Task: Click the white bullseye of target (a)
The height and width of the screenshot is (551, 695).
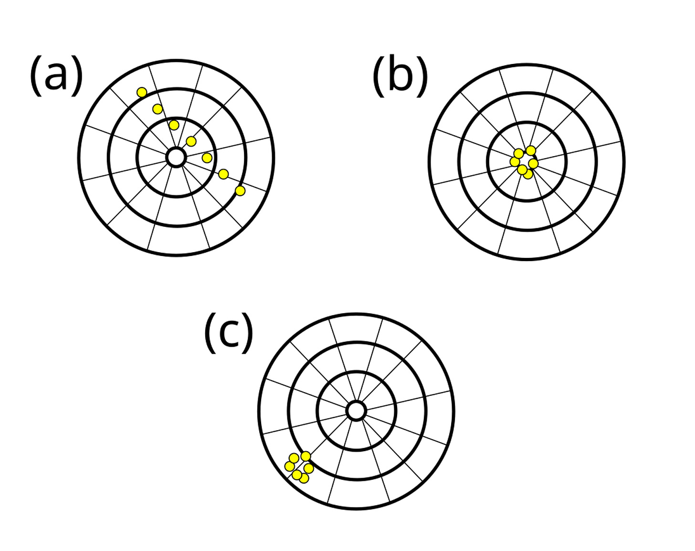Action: point(177,157)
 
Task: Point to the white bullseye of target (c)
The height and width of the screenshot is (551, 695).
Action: point(356,411)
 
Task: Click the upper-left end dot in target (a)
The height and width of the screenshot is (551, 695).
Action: point(141,92)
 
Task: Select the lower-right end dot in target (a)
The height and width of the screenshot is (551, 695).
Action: point(240,191)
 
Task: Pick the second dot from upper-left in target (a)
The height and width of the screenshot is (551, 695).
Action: point(158,109)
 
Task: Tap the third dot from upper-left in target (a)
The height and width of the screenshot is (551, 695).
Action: point(174,125)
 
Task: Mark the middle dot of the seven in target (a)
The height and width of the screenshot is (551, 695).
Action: point(191,141)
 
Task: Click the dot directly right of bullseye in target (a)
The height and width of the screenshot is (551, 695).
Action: point(207,158)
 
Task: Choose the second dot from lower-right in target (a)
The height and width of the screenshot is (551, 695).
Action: point(223,174)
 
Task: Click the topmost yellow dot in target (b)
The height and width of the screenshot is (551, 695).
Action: point(531,150)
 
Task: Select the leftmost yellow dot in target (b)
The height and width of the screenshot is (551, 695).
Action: point(515,162)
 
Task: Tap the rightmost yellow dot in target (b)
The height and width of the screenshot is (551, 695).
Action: point(533,164)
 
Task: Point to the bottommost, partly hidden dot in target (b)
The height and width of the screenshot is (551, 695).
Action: point(528,175)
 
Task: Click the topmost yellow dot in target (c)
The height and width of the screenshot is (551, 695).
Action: point(305,456)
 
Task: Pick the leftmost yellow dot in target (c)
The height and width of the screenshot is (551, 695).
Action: point(289,466)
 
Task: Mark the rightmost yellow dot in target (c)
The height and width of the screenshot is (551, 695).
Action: point(309,468)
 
